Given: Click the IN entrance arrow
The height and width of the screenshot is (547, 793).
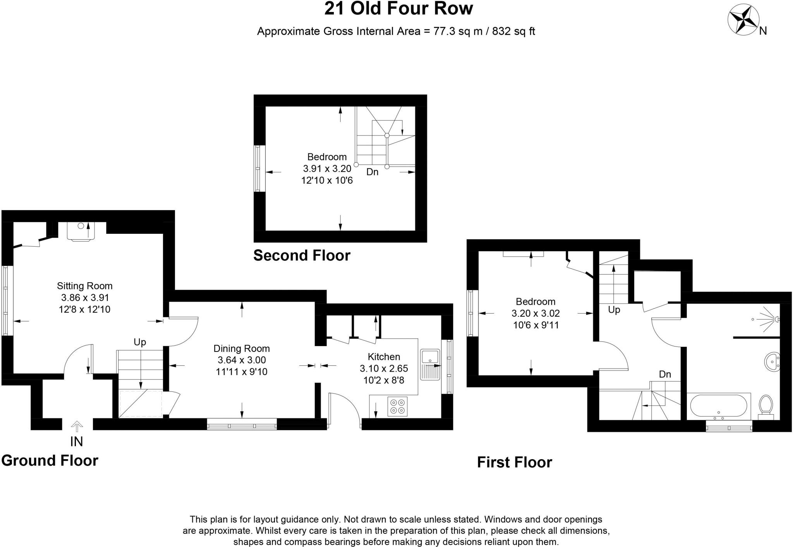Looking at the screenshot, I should [77, 427].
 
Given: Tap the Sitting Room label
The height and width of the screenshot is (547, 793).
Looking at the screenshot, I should [84, 286].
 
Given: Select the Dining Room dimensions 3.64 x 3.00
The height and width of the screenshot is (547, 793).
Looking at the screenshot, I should [241, 360].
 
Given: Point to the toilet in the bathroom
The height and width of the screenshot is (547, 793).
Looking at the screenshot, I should [765, 406].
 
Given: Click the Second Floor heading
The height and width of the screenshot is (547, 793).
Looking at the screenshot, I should [302, 255].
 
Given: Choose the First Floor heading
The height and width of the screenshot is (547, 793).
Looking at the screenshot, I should [514, 462].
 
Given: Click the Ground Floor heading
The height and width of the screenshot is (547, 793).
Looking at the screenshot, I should [50, 461].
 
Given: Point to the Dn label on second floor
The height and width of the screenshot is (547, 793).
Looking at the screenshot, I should [372, 172].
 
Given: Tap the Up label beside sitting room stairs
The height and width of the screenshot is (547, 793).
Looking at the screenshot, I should [140, 342].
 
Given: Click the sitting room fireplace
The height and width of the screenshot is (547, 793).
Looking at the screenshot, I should [81, 231].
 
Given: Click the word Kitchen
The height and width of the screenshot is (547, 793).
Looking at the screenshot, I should [384, 357].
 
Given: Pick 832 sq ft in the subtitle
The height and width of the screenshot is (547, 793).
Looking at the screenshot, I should [513, 31].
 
